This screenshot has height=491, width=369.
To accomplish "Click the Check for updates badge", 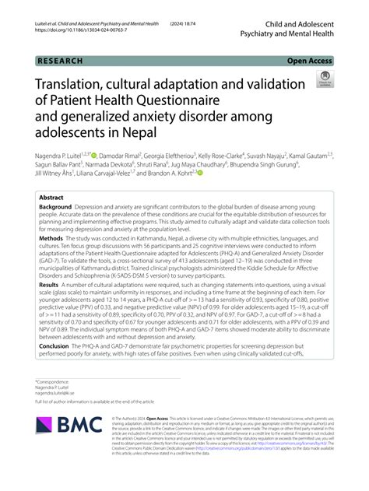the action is click(322, 79).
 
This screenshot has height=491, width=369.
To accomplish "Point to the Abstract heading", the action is click(51, 198).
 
